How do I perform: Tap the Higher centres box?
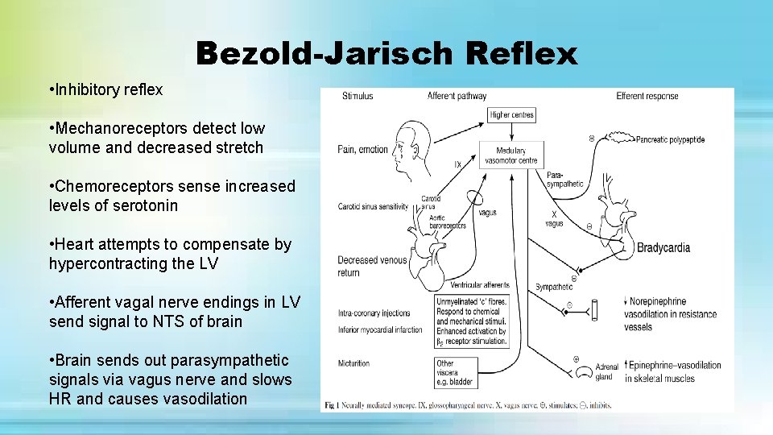[x=511, y=115]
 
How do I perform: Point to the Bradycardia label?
[x=663, y=248]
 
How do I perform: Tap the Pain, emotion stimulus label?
[x=363, y=149]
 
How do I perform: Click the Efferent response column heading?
[x=647, y=96]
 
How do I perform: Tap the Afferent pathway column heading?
[x=457, y=96]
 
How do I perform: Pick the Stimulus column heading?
[x=358, y=96]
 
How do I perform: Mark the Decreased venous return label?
[x=360, y=266]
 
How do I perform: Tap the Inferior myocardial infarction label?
[x=380, y=329]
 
